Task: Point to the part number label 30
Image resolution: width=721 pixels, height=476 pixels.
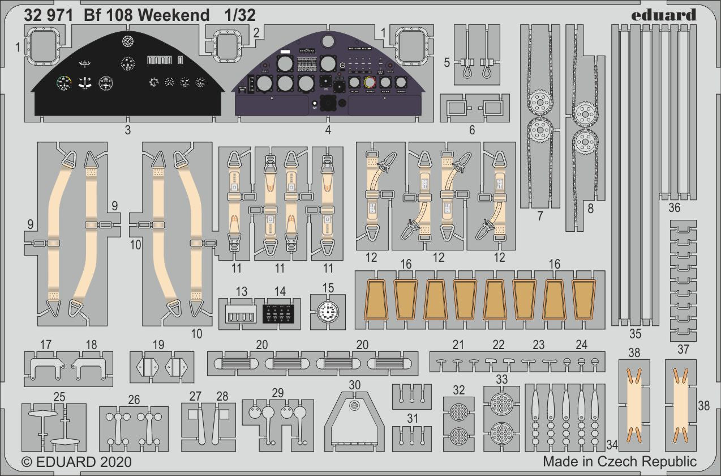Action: (x=354, y=385)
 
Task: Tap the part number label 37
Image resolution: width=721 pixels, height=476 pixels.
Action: (x=683, y=349)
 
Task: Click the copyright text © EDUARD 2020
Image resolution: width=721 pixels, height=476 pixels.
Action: (x=76, y=461)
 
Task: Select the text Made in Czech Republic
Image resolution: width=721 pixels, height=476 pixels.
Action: (x=620, y=461)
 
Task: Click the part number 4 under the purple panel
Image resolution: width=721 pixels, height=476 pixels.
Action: (x=328, y=130)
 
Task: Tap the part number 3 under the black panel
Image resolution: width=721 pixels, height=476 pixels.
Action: (x=127, y=130)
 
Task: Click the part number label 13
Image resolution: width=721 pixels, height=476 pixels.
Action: (x=242, y=292)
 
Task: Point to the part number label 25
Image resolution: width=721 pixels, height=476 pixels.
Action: (x=59, y=397)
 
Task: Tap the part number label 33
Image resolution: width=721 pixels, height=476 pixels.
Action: (x=501, y=379)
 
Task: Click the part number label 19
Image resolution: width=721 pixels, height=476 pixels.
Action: (x=158, y=344)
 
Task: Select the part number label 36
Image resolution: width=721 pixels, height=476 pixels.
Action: (x=674, y=208)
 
